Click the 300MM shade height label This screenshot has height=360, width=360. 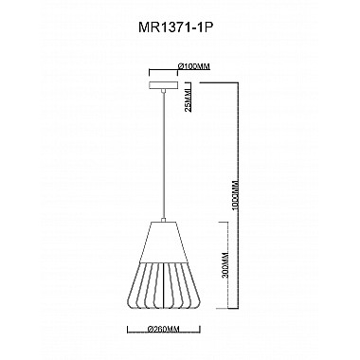pos(225,265)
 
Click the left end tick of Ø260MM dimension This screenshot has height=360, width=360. pos(129,329)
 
